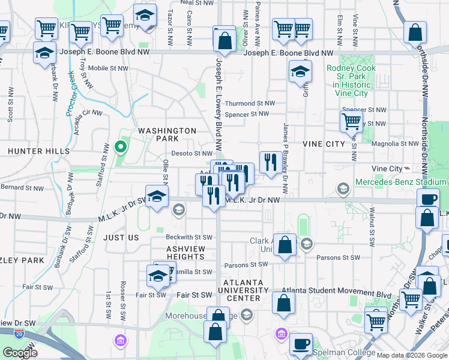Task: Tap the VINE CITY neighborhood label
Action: pyautogui.click(x=324, y=144)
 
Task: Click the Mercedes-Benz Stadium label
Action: pyautogui.click(x=400, y=182)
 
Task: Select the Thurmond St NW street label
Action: pyautogui.click(x=250, y=103)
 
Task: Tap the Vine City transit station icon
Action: pyautogui.click(x=408, y=169)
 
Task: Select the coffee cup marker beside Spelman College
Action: pyautogui.click(x=301, y=344)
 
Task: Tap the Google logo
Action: pyautogui.click(x=20, y=353)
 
